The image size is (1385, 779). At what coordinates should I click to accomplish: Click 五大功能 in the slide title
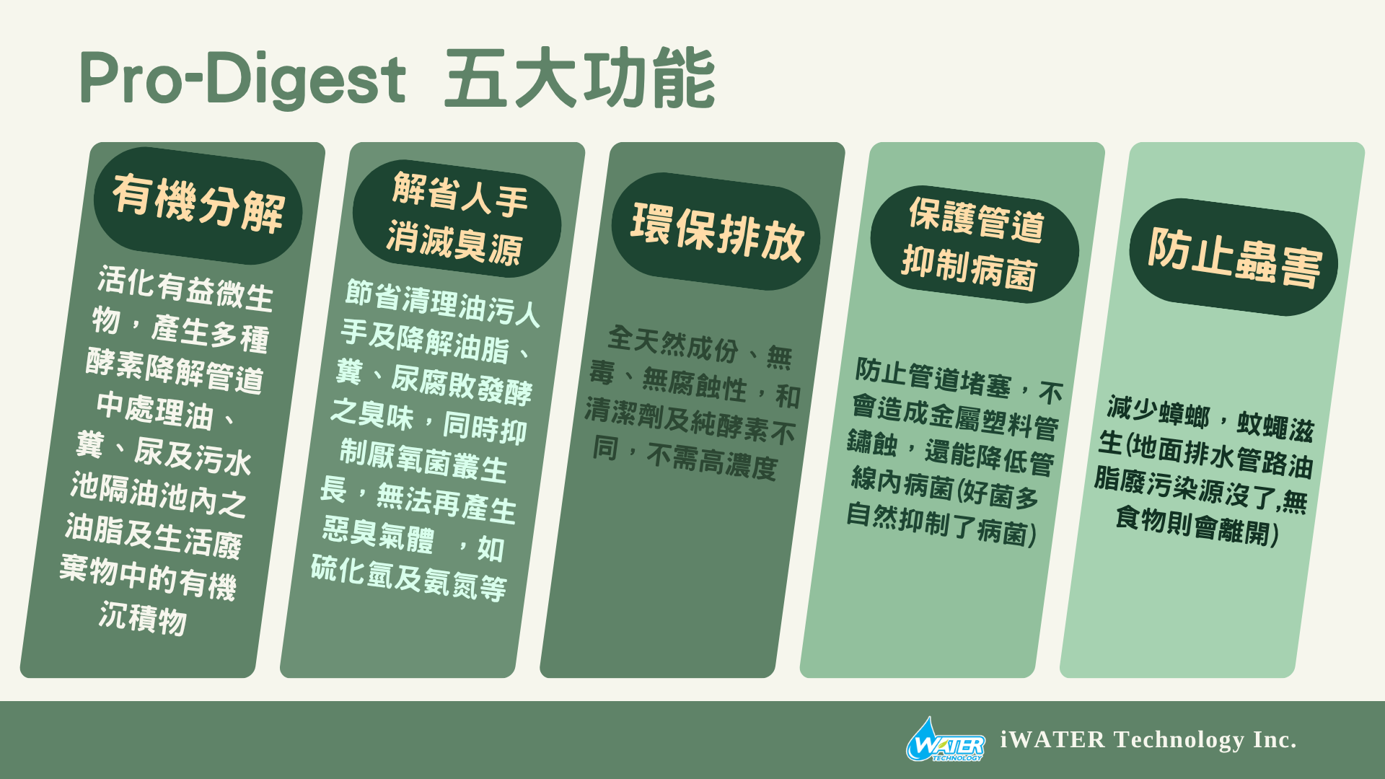580,78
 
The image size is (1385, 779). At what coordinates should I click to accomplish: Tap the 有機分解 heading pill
198,205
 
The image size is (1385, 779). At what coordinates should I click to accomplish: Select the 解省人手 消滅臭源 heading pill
457,219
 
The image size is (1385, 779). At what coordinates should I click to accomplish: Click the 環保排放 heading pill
716,231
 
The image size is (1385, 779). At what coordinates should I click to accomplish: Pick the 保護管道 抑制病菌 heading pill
975,244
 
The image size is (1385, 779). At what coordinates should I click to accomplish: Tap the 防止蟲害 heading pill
1234,257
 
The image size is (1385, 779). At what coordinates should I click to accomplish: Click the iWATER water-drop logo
946,739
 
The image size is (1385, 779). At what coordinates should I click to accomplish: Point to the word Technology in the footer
1179,740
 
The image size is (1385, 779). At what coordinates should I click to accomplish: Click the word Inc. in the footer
1275,740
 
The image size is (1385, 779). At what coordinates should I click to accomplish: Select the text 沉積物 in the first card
143,619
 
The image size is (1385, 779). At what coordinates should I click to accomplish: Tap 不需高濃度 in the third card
712,461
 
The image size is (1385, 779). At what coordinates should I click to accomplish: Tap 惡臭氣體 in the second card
378,534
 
